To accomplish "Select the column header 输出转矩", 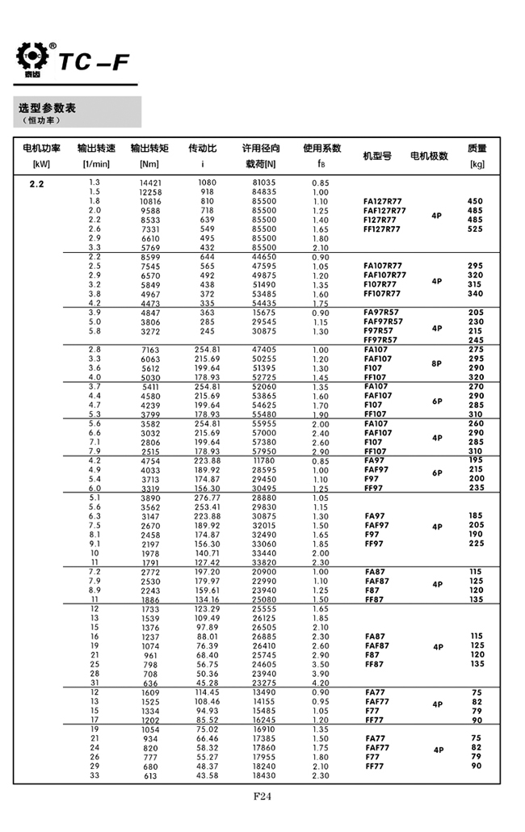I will (x=149, y=149).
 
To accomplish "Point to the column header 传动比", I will (x=202, y=149).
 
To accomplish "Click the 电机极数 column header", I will (x=429, y=156).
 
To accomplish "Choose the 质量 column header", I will (x=477, y=149).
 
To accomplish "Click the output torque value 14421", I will (x=151, y=183).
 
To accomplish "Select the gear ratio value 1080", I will (x=207, y=183).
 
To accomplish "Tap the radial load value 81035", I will (x=264, y=183).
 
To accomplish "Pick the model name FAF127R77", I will (x=384, y=211).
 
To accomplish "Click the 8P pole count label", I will (x=437, y=363).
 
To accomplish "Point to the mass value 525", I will (x=475, y=229).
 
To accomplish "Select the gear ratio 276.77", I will (x=208, y=497).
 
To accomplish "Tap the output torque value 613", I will (x=151, y=775).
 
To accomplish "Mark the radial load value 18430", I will (x=264, y=775).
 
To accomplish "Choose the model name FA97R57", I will (x=381, y=313).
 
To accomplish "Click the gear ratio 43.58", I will (x=208, y=775).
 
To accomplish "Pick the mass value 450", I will (x=475, y=201).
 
